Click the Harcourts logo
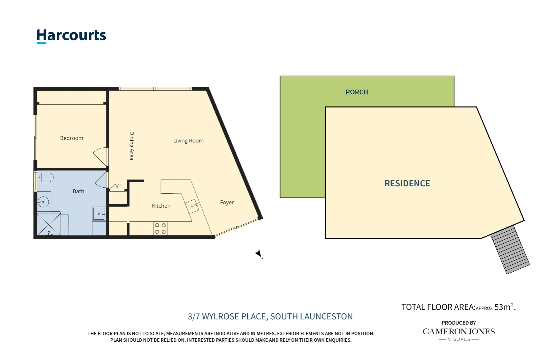click(x=71, y=36)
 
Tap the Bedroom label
click(x=71, y=138)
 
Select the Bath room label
click(x=78, y=191)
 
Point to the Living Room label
click(x=188, y=141)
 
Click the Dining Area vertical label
click(x=131, y=146)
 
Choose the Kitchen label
click(x=161, y=206)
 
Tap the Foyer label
click(x=227, y=202)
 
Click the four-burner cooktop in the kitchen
click(x=160, y=229)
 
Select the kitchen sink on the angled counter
click(x=192, y=206)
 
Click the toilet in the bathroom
click(x=45, y=177)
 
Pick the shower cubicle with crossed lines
click(x=49, y=225)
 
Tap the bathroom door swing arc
click(x=101, y=180)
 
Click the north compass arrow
click(x=259, y=254)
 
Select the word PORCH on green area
click(x=357, y=92)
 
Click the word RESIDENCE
click(x=407, y=183)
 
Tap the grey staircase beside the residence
click(x=510, y=249)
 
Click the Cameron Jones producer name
click(x=458, y=332)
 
